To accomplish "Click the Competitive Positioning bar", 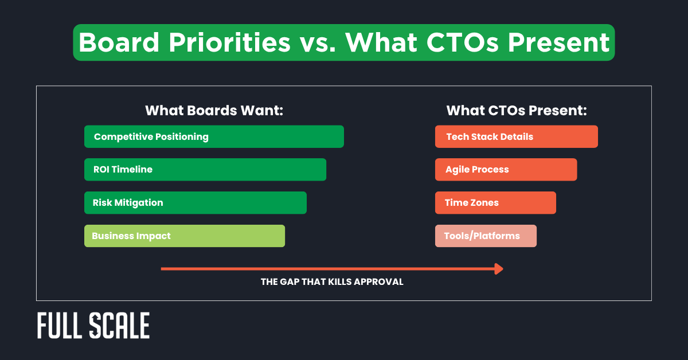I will point(214,136).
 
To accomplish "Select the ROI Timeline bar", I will point(205,170).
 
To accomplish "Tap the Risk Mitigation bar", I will point(196,203).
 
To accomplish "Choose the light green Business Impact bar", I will point(185,236).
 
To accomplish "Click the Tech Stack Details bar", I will point(516,136).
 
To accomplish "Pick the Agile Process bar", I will point(506,170).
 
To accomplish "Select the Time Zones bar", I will point(495,203).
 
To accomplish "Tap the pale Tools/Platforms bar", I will point(486,236).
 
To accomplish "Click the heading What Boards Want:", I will point(214,111).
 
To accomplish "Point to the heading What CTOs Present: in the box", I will point(516,111).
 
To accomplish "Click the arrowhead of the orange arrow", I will point(499,269).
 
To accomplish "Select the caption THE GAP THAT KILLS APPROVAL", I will point(332,282).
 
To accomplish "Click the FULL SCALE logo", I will point(93,326).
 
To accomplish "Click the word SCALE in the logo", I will point(120,326).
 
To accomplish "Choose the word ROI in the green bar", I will point(101,170).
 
